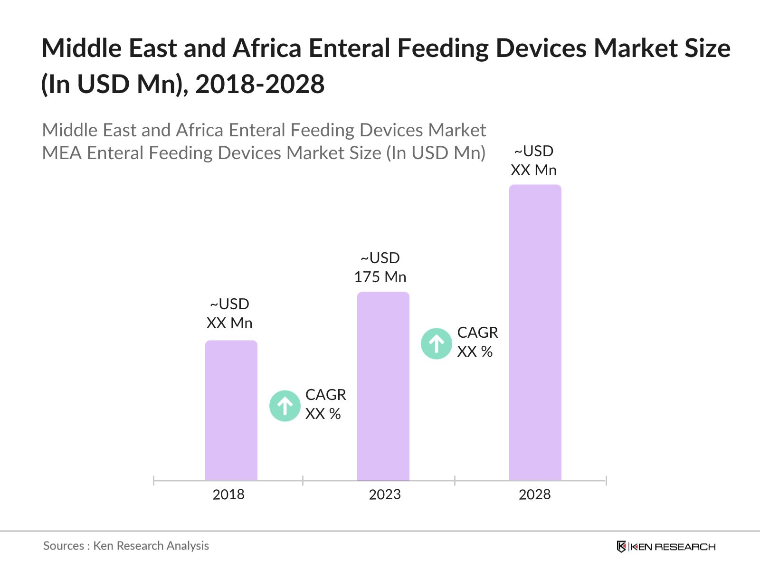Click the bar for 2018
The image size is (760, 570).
click(x=231, y=410)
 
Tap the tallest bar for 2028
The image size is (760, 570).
click(x=535, y=332)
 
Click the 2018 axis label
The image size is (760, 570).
click(x=228, y=494)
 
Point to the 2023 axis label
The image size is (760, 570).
click(x=385, y=494)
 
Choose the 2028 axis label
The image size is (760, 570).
click(x=534, y=494)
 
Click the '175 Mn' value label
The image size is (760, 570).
click(x=380, y=277)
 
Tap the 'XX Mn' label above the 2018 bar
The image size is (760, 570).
click(x=229, y=323)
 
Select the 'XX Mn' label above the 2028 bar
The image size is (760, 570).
click(x=533, y=170)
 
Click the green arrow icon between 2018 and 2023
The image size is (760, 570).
click(x=285, y=406)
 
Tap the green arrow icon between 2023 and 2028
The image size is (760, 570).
click(x=436, y=343)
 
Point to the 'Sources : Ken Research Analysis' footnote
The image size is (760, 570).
click(x=126, y=546)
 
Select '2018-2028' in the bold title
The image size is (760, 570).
click(x=260, y=85)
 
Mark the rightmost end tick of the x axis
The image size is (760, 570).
click(x=606, y=481)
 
